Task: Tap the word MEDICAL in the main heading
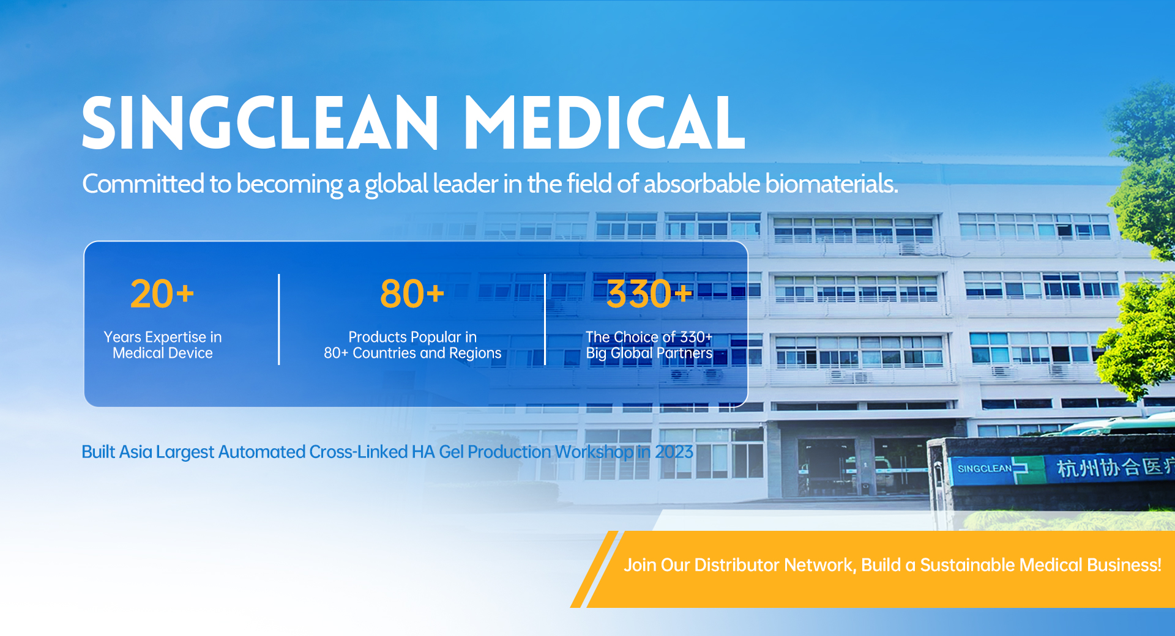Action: tap(605, 122)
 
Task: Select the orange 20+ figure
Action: tap(162, 294)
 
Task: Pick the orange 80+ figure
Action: tap(412, 294)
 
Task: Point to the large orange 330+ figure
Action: tap(649, 294)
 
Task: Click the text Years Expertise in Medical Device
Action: tap(163, 345)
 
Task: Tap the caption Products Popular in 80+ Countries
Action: tap(412, 345)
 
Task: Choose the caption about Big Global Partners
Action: tap(649, 345)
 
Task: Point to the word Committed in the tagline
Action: tap(143, 183)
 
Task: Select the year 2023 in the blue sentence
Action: tap(674, 452)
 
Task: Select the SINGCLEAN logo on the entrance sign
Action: tap(992, 469)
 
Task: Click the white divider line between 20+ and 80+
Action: tap(279, 319)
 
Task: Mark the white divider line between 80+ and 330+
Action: tap(545, 319)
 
